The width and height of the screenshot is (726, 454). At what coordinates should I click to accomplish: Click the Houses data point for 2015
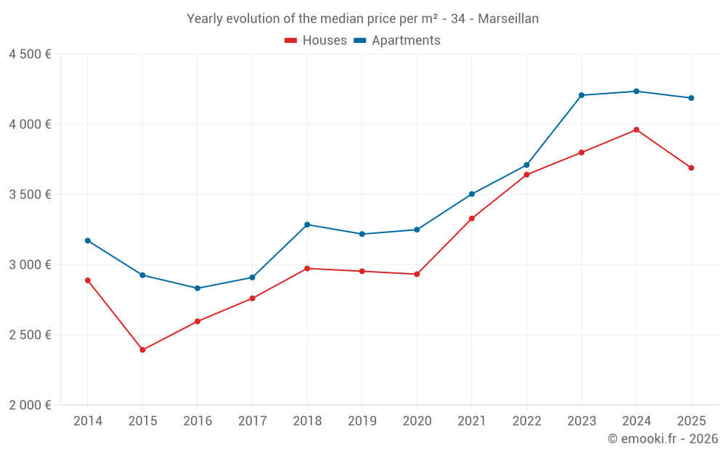point(142,350)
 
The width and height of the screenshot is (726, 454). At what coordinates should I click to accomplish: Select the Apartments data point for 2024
point(637,92)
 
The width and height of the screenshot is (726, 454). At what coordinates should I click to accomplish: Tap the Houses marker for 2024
point(637,130)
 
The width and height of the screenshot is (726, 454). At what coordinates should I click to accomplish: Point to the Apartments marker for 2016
point(197,288)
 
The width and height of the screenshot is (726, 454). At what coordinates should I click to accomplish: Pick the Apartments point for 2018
point(307,224)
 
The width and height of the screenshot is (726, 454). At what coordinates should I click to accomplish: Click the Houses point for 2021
point(472,219)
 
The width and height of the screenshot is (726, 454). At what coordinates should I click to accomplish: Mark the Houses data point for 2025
point(691,168)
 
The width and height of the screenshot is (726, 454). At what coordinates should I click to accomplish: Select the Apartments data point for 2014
point(88,240)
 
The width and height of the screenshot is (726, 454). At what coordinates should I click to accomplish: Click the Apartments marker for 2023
point(582,95)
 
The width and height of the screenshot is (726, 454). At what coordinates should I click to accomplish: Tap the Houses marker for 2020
point(417,274)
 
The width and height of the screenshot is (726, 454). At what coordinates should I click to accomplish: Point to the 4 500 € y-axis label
point(30,54)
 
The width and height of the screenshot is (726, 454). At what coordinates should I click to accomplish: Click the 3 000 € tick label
point(30,265)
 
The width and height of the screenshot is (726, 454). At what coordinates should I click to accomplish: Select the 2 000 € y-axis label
point(30,405)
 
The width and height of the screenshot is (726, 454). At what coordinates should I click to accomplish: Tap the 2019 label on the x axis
point(362,421)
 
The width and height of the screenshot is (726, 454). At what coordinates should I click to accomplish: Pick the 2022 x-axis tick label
point(526,421)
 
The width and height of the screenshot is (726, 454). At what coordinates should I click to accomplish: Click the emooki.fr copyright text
point(663,439)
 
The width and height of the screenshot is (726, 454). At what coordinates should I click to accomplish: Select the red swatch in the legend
point(290,41)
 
